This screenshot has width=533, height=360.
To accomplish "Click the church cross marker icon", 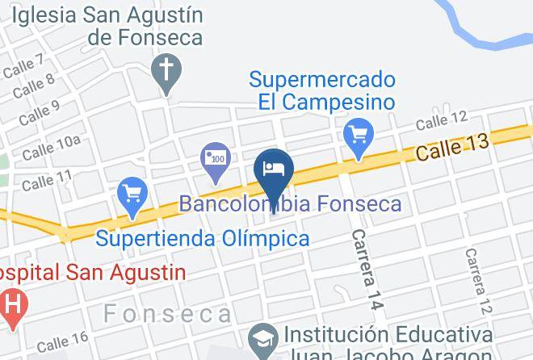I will click(166, 70).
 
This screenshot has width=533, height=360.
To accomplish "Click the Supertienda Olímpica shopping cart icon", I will click(132, 195).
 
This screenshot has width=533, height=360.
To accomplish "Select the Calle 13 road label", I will click(452, 147).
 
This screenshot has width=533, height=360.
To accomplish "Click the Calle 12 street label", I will click(442, 120).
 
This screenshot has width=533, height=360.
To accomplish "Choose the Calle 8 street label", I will click(33, 85).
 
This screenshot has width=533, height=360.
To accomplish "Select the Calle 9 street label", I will click(40, 111).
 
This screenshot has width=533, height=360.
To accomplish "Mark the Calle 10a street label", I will click(51, 147).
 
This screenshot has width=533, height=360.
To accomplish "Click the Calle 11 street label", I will click(47, 180).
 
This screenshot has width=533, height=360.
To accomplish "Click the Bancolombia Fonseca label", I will click(290, 203).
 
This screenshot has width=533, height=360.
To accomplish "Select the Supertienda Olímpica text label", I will click(203, 239).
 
